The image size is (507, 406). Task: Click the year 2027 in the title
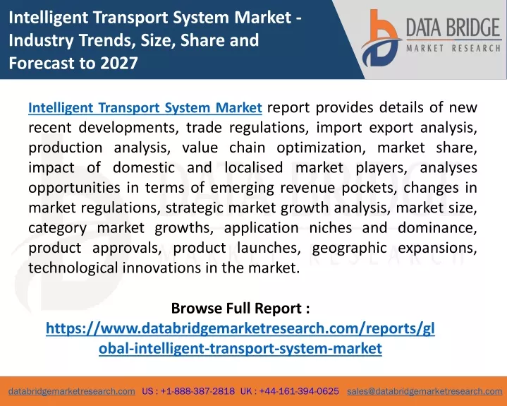tap(119, 63)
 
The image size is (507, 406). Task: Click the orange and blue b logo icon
tap(380, 38)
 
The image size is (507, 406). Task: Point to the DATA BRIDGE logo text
tap(453, 28)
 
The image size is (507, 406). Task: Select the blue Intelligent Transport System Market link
tap(145, 108)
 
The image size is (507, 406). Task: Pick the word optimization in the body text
tap(321, 148)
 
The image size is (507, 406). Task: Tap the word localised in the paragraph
tap(254, 168)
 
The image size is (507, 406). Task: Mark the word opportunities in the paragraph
tap(74, 188)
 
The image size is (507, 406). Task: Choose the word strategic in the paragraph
tap(195, 208)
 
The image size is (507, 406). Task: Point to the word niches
tap(331, 227)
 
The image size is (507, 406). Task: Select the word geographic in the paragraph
tap(350, 249)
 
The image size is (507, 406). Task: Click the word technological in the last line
tap(73, 268)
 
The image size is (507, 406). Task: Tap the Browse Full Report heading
tap(240, 309)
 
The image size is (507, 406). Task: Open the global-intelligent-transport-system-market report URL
tap(240, 338)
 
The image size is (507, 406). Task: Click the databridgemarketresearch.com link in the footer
tap(72, 391)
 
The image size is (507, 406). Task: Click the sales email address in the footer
tap(424, 391)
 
